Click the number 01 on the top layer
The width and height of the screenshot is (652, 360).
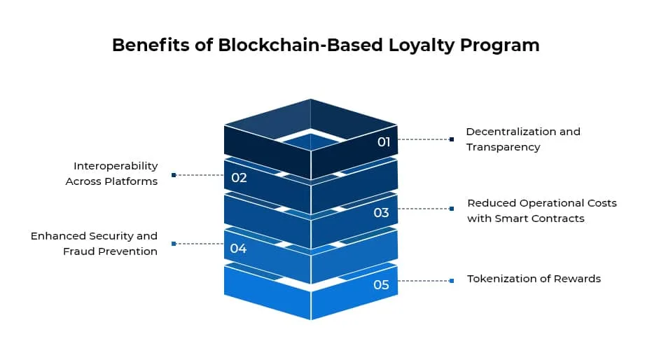click(x=384, y=142)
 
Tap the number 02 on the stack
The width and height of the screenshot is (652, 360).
click(x=239, y=178)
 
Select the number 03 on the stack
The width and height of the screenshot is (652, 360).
click(x=381, y=212)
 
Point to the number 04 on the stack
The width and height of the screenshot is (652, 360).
click(x=238, y=249)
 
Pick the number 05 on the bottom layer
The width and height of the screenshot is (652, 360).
click(x=381, y=284)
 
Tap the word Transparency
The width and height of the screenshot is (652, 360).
click(x=503, y=147)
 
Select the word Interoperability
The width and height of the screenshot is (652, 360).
click(x=116, y=166)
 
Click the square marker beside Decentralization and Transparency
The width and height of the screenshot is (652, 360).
click(x=452, y=139)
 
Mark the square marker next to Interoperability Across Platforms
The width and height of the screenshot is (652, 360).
click(x=174, y=175)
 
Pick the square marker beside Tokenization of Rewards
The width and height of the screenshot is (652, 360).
click(x=452, y=281)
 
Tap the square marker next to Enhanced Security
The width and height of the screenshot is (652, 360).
click(x=174, y=244)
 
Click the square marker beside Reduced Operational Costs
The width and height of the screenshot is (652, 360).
click(x=452, y=209)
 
